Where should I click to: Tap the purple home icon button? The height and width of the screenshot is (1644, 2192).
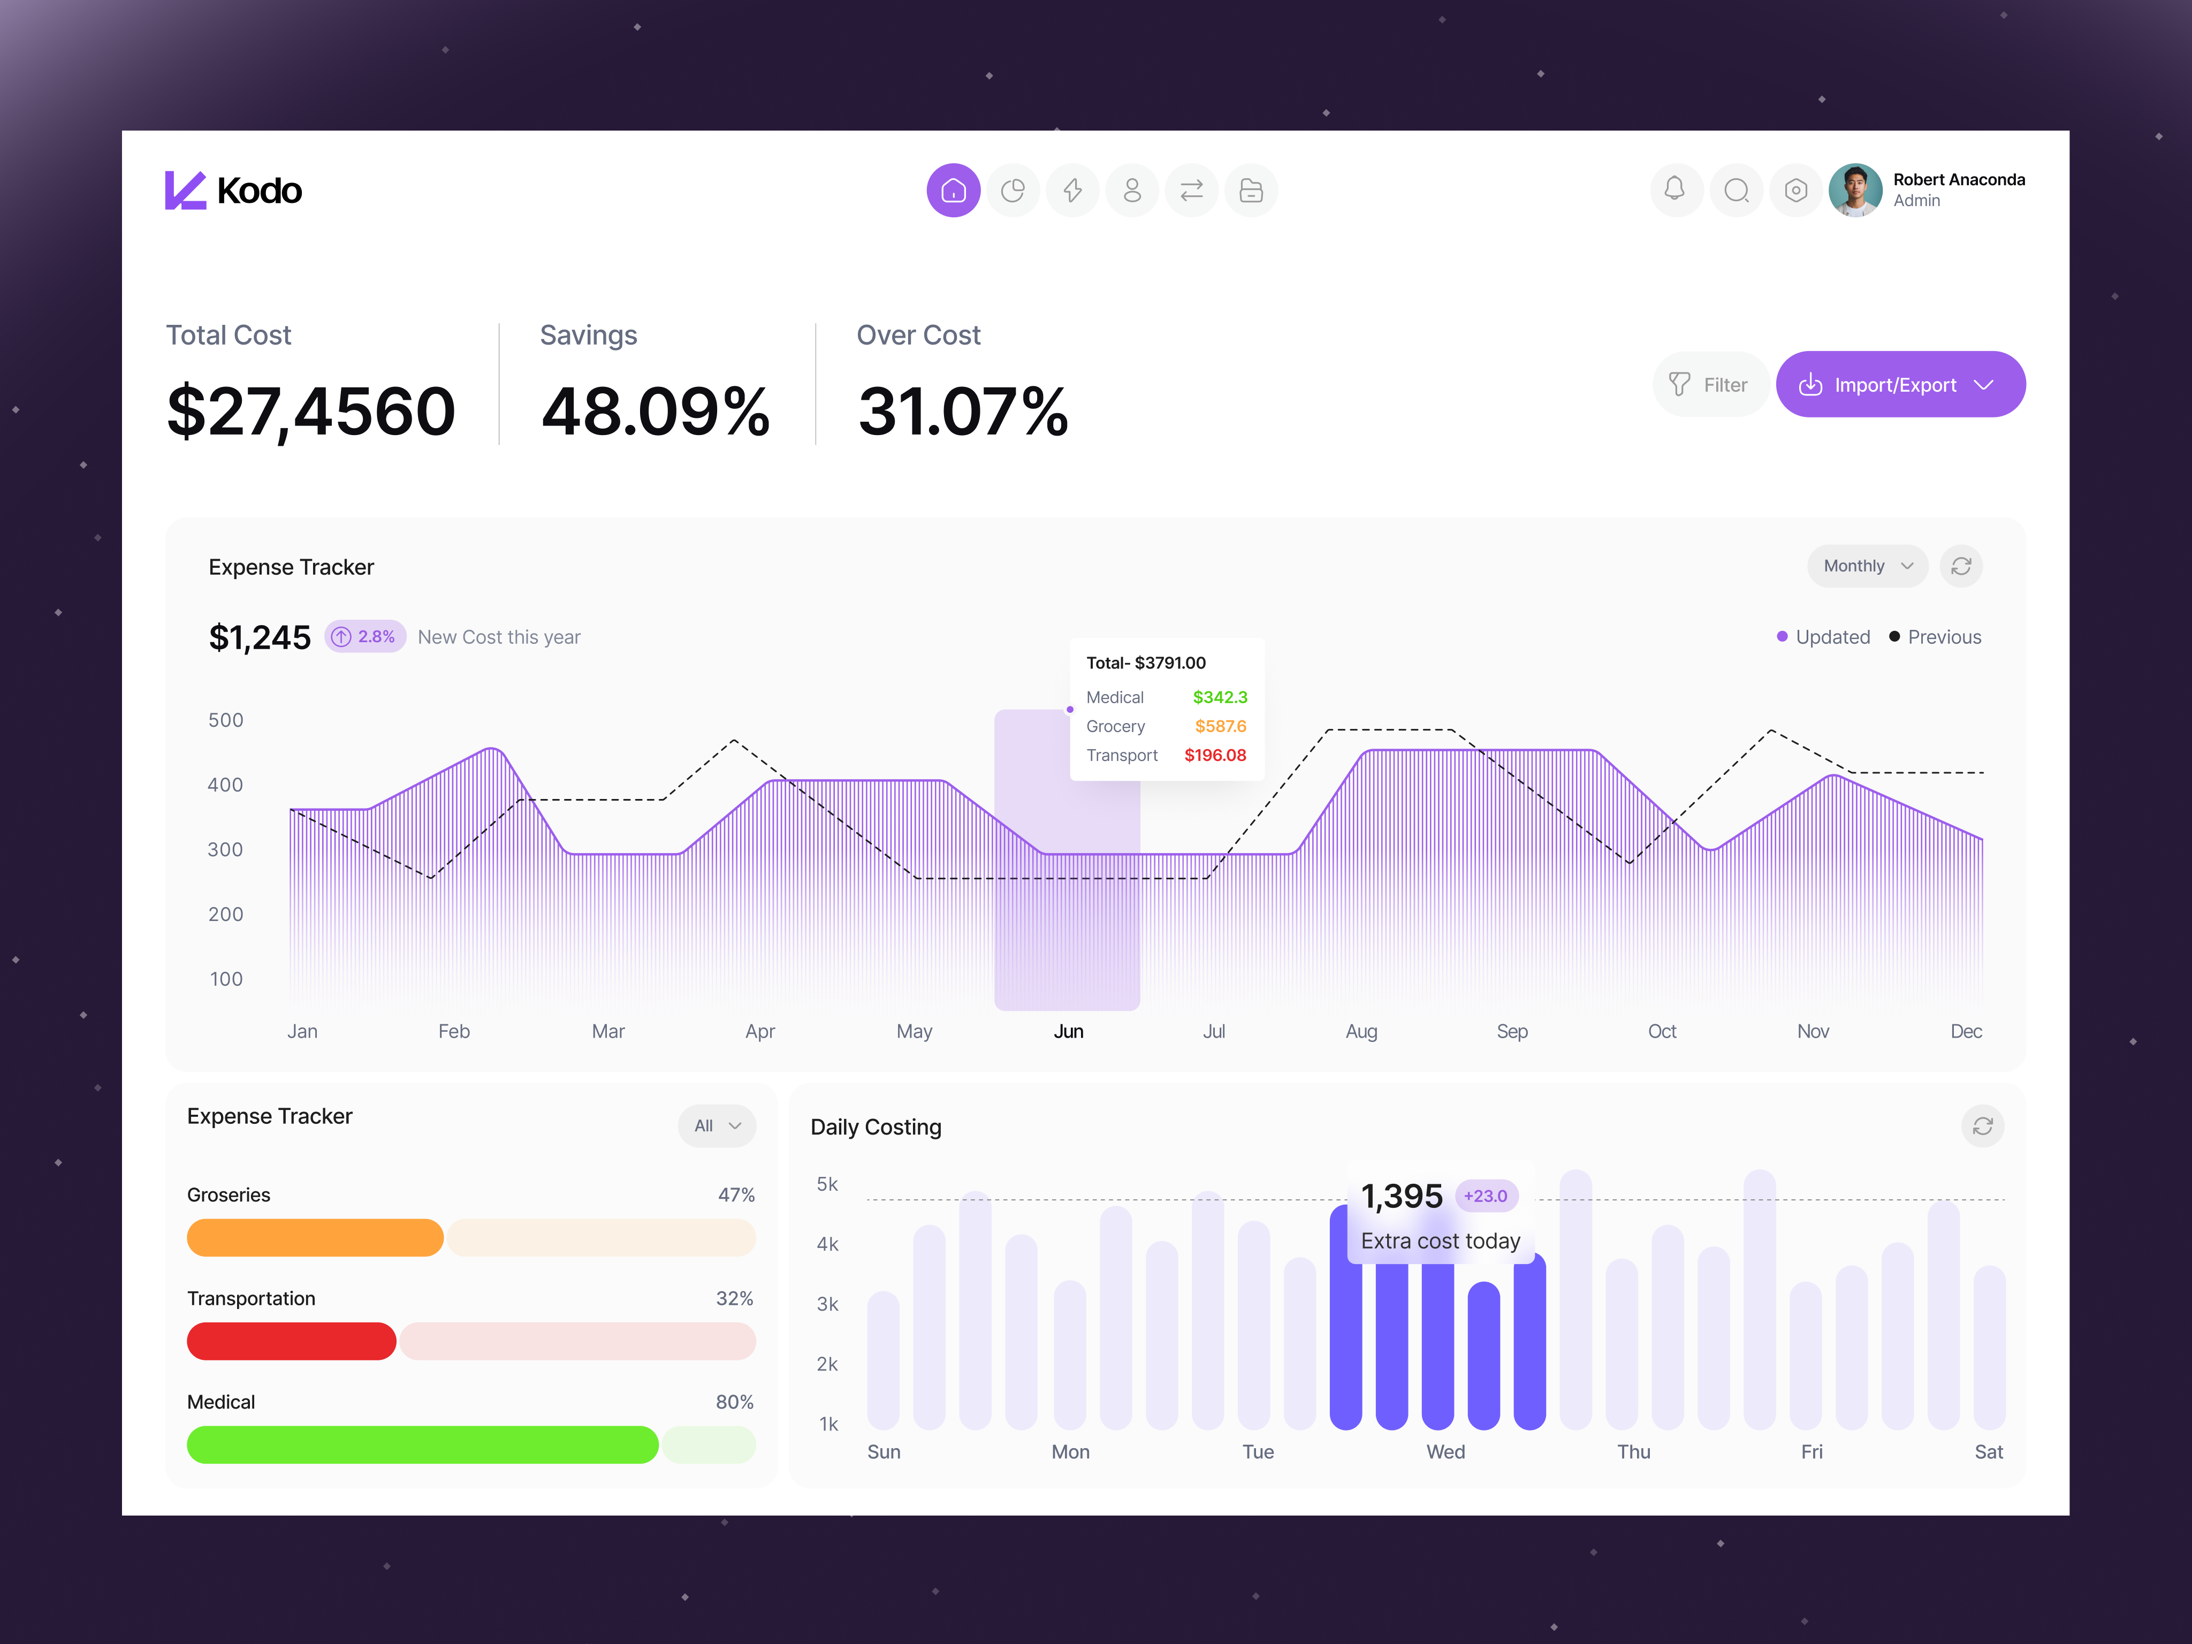tap(953, 191)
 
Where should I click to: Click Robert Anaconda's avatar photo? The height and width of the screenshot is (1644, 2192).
tap(1854, 191)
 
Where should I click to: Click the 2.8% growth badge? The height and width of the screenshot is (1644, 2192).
tap(364, 636)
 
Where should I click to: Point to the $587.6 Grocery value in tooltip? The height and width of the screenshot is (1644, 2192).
tap(1220, 726)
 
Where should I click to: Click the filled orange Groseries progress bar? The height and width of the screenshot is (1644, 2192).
tap(314, 1238)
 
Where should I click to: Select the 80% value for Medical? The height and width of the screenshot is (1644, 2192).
tap(734, 1402)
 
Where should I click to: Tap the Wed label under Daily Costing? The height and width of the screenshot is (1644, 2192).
tap(1445, 1452)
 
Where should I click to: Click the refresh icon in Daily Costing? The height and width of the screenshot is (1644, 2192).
tap(1982, 1126)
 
